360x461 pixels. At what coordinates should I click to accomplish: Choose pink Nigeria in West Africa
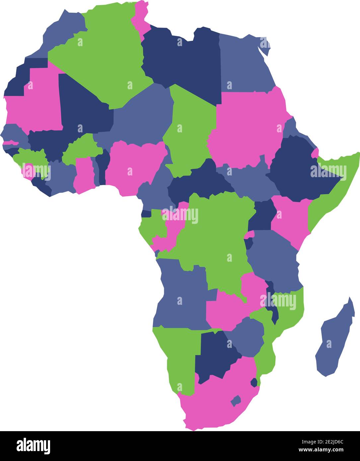[133, 166]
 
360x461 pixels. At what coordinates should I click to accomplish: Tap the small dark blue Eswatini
[254, 382]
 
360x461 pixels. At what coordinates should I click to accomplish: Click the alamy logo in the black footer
[33, 446]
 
